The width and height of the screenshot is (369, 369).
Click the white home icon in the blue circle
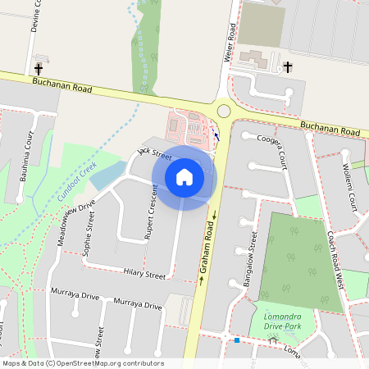point(184,176)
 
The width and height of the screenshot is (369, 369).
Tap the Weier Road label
point(231,43)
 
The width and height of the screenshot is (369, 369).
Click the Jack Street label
point(154,153)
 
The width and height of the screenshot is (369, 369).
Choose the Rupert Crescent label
point(150,212)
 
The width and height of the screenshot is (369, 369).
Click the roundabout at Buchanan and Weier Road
point(224,111)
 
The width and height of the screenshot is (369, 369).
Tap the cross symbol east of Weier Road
point(288,66)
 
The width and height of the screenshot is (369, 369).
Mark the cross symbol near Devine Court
point(39,69)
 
